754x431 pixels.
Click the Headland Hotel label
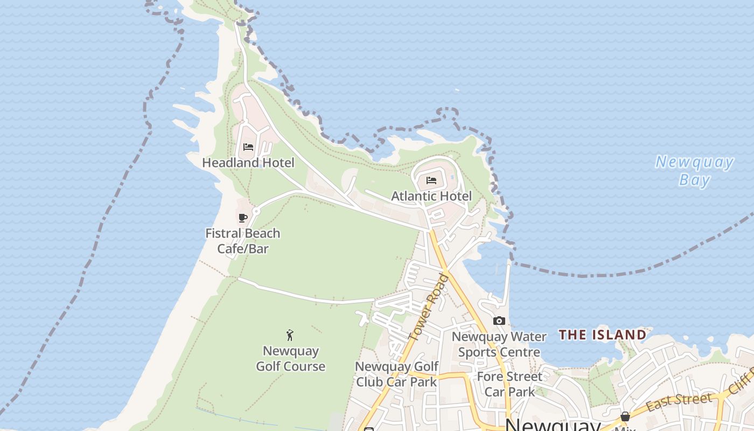point(248,162)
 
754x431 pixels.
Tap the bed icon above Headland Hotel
point(248,147)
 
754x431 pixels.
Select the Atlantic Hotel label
point(431,196)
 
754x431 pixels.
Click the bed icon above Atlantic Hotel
point(431,180)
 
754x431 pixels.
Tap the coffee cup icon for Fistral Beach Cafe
point(243,218)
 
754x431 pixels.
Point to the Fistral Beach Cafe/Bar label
point(243,241)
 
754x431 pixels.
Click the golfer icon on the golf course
point(290,335)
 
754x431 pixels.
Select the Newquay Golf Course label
point(291,359)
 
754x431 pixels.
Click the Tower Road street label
point(429,307)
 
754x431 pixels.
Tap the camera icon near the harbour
point(499,321)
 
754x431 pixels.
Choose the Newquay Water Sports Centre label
point(499,344)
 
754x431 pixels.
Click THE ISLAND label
point(602,335)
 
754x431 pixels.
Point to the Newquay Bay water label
point(694,170)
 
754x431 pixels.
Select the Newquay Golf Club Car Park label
point(396,374)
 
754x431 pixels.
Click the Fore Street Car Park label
point(509,384)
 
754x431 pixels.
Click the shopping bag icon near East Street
point(625,416)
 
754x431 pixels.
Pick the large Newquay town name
point(553,425)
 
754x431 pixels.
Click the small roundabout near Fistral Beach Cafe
point(256,211)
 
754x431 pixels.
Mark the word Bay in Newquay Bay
point(694,179)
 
